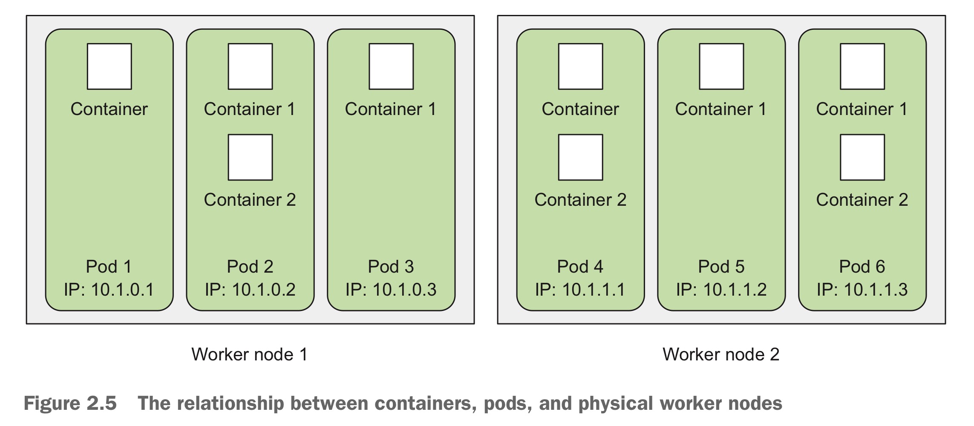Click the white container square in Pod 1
click(x=109, y=66)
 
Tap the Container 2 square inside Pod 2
click(x=250, y=157)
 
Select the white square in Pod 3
click(x=391, y=66)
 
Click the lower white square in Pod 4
click(x=580, y=157)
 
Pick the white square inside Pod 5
click(x=721, y=66)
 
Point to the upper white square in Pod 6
click(x=862, y=66)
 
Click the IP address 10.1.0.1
click(x=109, y=290)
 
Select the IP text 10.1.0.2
click(x=250, y=290)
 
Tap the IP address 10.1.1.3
click(x=862, y=290)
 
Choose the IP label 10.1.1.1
click(x=580, y=290)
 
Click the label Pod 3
click(x=391, y=267)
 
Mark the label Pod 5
click(x=721, y=267)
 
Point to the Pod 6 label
click(x=862, y=267)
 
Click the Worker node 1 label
click(x=249, y=354)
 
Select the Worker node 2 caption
click(x=721, y=354)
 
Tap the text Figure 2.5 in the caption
click(x=70, y=403)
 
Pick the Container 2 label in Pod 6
click(x=862, y=200)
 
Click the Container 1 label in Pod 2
click(x=250, y=109)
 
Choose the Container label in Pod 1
click(x=109, y=109)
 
